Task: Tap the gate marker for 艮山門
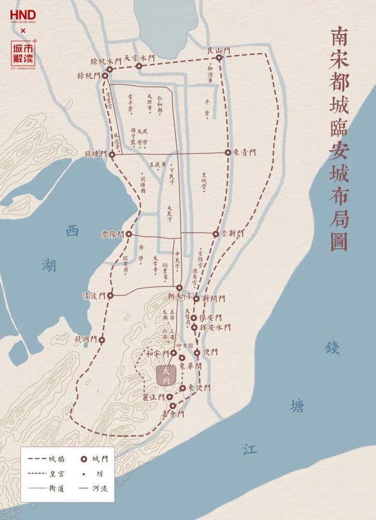[x=219, y=58]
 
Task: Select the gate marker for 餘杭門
[x=105, y=76]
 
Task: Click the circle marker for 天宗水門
[x=139, y=66]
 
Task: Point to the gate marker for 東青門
[x=228, y=152]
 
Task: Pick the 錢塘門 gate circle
[x=112, y=154]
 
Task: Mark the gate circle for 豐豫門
[x=128, y=235]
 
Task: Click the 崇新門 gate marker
[x=216, y=234]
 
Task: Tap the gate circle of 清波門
[x=110, y=295]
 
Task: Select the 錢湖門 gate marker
[x=102, y=340]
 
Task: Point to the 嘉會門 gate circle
[x=173, y=405]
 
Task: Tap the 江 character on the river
[x=249, y=449]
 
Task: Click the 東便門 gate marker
[x=183, y=388]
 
